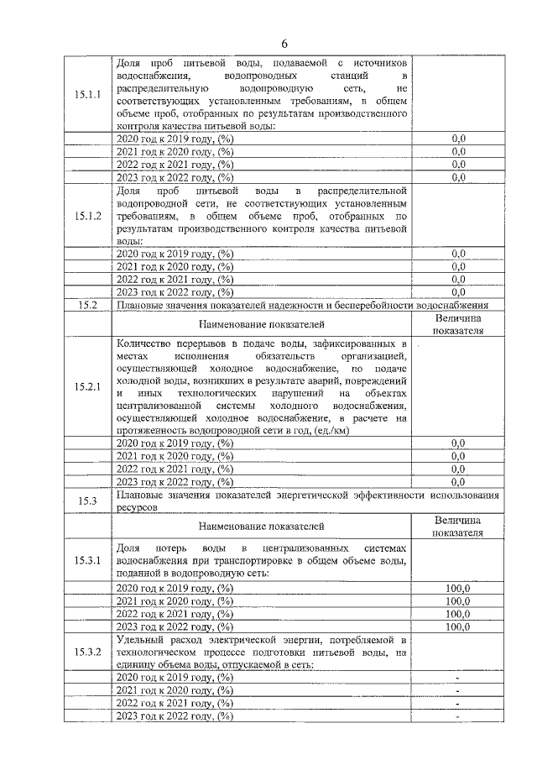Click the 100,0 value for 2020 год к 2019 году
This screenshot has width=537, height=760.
(457, 589)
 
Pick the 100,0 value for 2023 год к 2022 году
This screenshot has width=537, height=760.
(457, 626)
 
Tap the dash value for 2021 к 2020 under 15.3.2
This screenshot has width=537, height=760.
(457, 690)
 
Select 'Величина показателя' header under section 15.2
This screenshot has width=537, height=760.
(457, 324)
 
